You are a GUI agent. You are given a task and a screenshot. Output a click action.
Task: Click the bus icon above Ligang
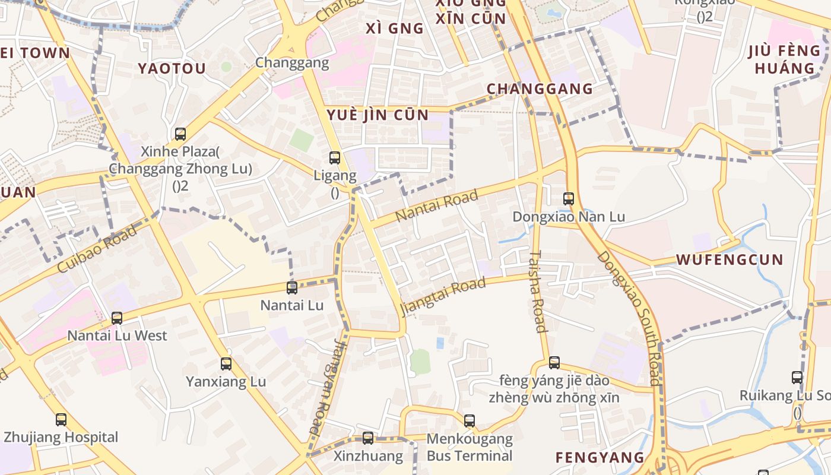click(335, 158)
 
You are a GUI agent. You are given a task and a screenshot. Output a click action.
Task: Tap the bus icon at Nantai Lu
click(292, 288)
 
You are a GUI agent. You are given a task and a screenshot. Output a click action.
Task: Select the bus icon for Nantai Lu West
click(117, 318)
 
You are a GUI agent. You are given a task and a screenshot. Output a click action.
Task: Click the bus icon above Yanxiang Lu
click(226, 364)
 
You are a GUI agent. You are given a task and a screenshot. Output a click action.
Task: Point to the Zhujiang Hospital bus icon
click(61, 420)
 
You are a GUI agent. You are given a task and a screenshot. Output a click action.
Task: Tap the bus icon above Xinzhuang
click(368, 438)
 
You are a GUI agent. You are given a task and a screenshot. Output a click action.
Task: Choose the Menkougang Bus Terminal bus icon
click(470, 421)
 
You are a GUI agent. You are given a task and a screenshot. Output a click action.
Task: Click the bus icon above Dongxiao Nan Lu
click(569, 199)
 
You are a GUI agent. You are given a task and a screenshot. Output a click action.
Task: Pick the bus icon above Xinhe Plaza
click(180, 134)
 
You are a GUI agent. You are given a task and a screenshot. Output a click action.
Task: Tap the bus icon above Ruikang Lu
click(797, 378)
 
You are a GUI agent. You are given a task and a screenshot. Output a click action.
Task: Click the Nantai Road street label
click(436, 205)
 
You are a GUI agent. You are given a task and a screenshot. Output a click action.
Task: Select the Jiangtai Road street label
click(443, 297)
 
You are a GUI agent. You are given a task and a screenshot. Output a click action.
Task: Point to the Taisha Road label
click(537, 291)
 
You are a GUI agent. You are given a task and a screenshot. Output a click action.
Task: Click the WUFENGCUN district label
click(730, 259)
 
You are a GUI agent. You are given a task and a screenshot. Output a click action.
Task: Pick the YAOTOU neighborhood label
click(172, 68)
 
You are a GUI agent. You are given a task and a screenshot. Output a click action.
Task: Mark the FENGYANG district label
click(600, 457)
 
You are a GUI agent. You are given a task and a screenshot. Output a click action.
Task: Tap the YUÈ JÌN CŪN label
click(378, 115)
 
